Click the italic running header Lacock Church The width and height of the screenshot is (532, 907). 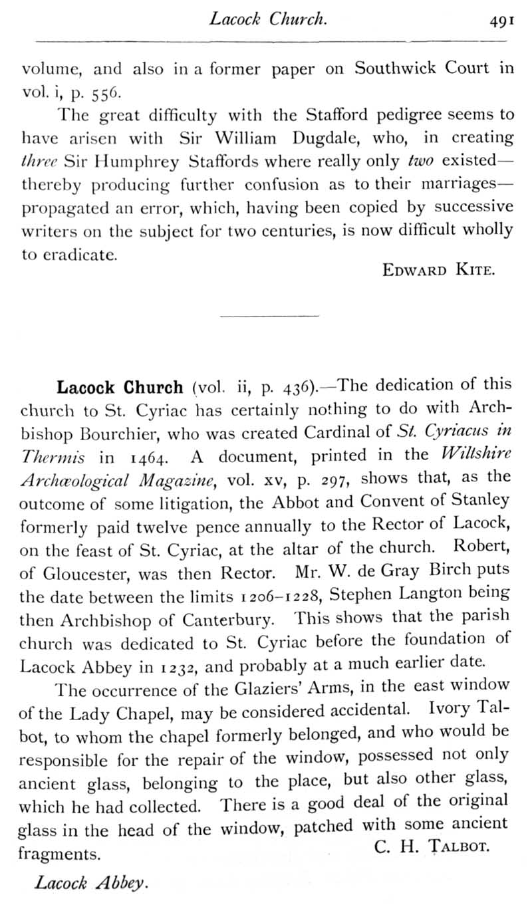coord(267,19)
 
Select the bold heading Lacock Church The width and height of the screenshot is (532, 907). coord(120,388)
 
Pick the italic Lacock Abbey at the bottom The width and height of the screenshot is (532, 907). coord(90,883)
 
